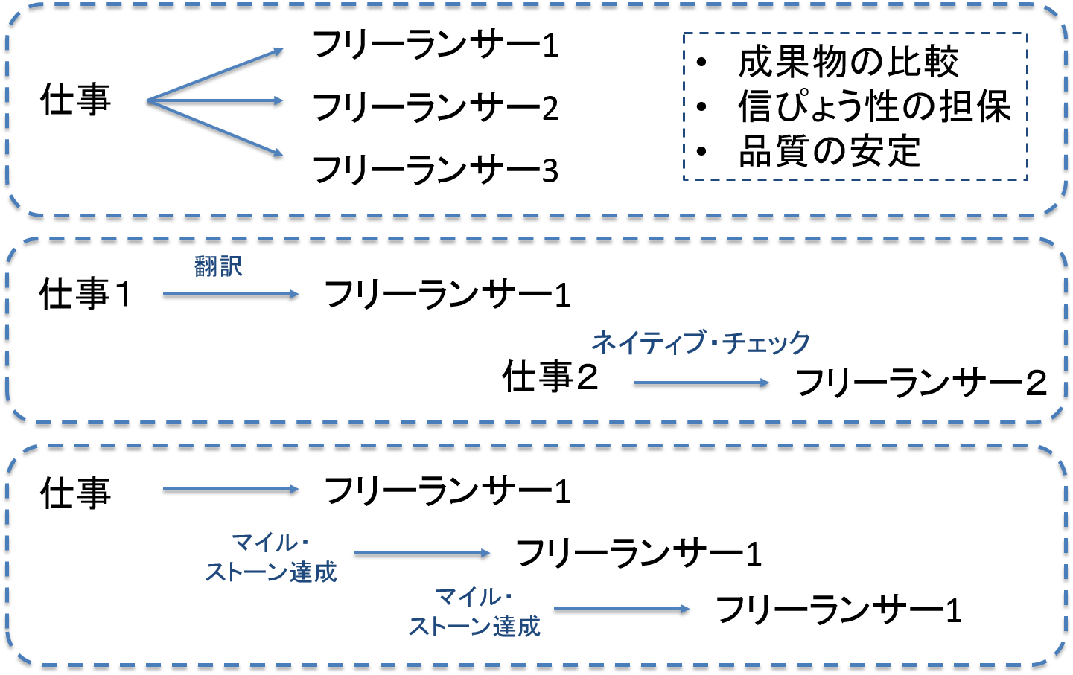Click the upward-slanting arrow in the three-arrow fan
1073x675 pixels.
(216, 75)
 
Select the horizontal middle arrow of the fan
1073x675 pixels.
(216, 100)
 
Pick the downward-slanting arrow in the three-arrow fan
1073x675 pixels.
(216, 127)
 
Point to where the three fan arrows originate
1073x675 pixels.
(148, 100)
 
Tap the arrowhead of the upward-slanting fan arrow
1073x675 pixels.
(279, 51)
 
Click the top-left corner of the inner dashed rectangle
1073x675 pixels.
(684, 33)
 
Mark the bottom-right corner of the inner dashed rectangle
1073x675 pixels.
(1027, 179)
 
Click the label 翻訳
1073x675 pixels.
(218, 266)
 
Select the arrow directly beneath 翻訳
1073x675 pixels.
(231, 294)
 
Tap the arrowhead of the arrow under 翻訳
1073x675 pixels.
(295, 294)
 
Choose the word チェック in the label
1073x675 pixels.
(766, 343)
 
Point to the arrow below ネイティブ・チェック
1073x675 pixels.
(701, 383)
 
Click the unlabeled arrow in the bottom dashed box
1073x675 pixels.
(231, 489)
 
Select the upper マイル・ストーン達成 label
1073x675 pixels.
(271, 557)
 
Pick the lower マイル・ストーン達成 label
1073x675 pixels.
(474, 612)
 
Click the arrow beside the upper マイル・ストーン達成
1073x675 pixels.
(422, 553)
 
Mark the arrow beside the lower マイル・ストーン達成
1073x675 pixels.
(622, 609)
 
